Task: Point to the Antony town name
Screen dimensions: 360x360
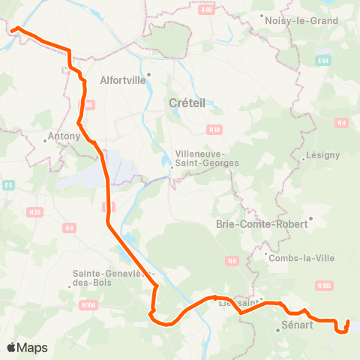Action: coord(64,136)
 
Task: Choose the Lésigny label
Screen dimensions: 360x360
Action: coord(323,155)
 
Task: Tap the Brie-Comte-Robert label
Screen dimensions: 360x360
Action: coord(262,223)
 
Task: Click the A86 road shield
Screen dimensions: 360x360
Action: coord(208,11)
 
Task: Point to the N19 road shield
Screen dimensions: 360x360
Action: coord(216,130)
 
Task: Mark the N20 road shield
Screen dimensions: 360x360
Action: coord(34,213)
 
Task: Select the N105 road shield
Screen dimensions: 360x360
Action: coord(324,286)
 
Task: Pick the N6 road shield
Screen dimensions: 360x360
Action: coord(232,261)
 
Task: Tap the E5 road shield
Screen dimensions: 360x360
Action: coord(9,184)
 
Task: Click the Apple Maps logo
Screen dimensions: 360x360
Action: coord(27,347)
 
